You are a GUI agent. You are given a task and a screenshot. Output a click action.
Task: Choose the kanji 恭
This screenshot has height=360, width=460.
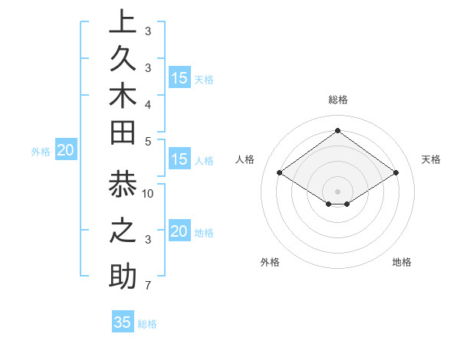pyautogui.click(x=123, y=186)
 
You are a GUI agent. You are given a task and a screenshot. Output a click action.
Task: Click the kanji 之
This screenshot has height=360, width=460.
pyautogui.click(x=123, y=231)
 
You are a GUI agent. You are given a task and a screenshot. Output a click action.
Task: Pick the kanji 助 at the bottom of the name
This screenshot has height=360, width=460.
pyautogui.click(x=123, y=277)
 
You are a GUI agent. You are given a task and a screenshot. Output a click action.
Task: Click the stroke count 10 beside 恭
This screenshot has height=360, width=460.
pyautogui.click(x=149, y=193)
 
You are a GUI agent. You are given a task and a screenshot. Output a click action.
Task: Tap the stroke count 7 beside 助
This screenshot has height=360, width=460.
pyautogui.click(x=147, y=286)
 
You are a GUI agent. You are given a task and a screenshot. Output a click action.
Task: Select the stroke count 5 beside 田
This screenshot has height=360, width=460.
pyautogui.click(x=147, y=142)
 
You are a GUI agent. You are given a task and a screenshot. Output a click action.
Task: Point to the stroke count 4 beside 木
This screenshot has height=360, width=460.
pyautogui.click(x=147, y=104)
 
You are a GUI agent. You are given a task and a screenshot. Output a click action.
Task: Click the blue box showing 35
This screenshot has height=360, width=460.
pyautogui.click(x=123, y=322)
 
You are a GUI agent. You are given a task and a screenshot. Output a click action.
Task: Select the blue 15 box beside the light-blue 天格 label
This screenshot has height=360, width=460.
pyautogui.click(x=179, y=77)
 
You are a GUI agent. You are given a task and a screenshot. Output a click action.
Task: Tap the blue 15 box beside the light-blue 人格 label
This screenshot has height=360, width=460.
pyautogui.click(x=179, y=159)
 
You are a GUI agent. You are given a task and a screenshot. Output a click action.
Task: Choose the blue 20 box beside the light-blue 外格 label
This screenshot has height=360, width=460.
pyautogui.click(x=66, y=151)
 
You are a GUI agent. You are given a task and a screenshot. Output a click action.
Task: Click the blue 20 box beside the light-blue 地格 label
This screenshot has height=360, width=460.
pyautogui.click(x=179, y=231)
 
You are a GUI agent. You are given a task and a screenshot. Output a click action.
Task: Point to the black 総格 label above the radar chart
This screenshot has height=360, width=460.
pyautogui.click(x=338, y=100)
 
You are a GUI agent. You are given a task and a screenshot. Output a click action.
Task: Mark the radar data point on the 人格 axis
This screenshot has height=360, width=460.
pyautogui.click(x=279, y=173)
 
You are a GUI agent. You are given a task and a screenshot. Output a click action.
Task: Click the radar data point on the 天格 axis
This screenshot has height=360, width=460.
pyautogui.click(x=396, y=173)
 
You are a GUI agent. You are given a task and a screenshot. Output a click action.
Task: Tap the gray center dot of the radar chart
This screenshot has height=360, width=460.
pyautogui.click(x=337, y=191)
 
